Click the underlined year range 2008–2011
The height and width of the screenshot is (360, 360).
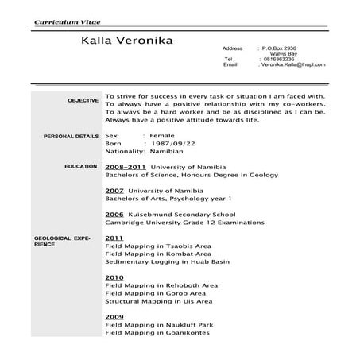(124, 168)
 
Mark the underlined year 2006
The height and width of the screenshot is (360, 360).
(114, 215)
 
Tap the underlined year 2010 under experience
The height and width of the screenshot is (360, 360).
(114, 277)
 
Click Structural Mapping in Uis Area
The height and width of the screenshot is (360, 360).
(158, 301)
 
